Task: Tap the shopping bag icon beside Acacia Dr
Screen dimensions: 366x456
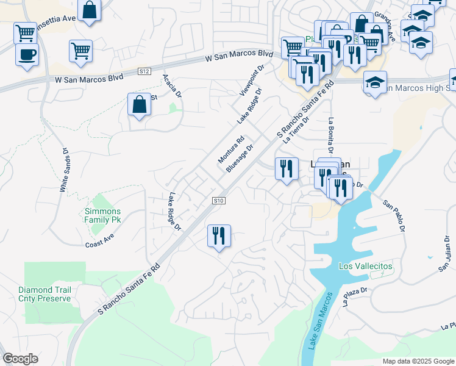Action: click(140, 104)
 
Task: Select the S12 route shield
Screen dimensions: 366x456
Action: click(144, 71)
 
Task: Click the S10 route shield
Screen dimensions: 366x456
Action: click(219, 201)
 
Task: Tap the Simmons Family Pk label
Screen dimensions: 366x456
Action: click(102, 215)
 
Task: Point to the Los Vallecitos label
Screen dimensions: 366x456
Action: click(365, 267)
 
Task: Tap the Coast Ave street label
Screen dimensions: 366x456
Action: click(100, 241)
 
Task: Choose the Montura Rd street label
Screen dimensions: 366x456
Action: click(231, 149)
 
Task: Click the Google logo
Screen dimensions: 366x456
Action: click(20, 359)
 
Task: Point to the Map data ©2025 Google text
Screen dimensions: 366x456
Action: click(418, 361)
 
